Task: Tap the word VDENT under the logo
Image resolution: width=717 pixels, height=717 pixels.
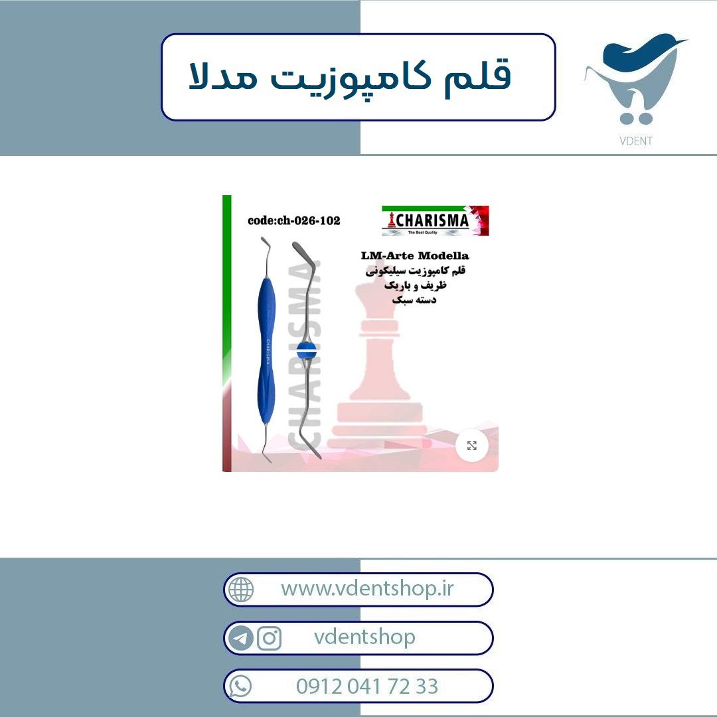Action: tap(635, 141)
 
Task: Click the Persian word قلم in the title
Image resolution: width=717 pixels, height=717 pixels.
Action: tap(478, 76)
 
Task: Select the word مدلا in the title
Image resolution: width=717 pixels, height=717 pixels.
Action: tap(222, 76)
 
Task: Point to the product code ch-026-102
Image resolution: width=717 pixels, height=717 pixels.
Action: tap(293, 220)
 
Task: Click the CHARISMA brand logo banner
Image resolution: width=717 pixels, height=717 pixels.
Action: tap(436, 221)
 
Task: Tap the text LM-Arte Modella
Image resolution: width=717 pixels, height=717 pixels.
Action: tap(415, 256)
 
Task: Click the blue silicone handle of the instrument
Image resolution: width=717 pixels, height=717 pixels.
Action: tap(266, 351)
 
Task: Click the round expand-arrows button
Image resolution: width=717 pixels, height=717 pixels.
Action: tap(472, 445)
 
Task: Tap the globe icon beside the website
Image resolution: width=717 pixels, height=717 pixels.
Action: tap(240, 589)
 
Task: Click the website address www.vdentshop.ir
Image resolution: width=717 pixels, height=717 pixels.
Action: tap(367, 589)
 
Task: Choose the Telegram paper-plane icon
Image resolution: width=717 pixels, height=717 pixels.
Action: tap(240, 638)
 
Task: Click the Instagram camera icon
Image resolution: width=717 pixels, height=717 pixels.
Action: tap(269, 638)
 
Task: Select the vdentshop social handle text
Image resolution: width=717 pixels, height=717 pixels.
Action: tap(364, 637)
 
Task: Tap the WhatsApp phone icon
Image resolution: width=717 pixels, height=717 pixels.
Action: tap(240, 686)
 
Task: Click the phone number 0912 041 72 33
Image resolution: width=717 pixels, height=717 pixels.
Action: tap(366, 686)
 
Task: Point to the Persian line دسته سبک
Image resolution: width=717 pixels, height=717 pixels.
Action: tap(414, 300)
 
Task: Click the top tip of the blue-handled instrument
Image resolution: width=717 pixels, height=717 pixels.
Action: tap(262, 238)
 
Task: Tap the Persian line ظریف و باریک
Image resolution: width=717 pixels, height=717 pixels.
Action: tap(415, 285)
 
